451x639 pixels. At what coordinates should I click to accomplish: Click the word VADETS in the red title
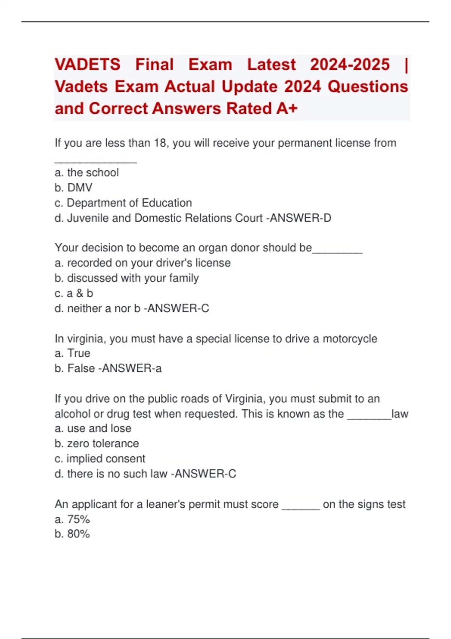click(88, 64)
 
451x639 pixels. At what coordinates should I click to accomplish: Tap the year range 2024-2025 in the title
click(350, 64)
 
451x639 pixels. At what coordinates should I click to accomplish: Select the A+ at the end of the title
click(287, 109)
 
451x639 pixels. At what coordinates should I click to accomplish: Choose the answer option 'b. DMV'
click(73, 188)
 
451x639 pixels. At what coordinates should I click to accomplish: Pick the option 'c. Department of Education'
click(123, 203)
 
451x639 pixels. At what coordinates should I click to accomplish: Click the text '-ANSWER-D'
click(298, 218)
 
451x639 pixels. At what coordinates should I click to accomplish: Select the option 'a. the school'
click(86, 173)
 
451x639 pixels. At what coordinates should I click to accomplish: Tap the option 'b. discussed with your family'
click(127, 278)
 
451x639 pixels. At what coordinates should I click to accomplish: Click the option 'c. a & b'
click(74, 293)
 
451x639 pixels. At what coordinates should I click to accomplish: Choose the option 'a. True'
click(73, 353)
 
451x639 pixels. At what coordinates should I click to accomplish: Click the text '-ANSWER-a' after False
click(130, 368)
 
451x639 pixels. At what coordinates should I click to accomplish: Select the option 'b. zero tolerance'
click(97, 444)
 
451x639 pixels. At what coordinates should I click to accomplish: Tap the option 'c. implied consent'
click(100, 459)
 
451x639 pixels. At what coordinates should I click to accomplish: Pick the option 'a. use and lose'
click(93, 429)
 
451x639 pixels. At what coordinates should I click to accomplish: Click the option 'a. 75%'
click(72, 519)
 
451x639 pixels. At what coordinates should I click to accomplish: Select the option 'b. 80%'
click(72, 534)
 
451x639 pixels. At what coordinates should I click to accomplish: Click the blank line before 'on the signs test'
click(301, 507)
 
